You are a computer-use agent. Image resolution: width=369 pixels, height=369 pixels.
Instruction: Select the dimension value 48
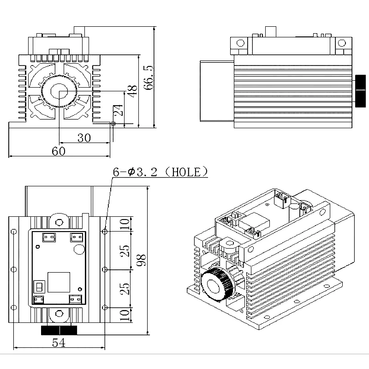(132, 90)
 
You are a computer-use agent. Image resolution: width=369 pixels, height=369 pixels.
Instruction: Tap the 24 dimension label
(119, 111)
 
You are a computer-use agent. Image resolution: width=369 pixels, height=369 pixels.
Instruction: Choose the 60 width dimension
(58, 151)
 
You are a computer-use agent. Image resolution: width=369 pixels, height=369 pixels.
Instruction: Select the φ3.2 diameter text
(143, 172)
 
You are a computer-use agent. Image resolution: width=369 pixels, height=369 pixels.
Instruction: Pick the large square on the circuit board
(59, 282)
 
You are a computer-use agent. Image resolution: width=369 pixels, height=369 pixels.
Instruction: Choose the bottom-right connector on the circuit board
(75, 299)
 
